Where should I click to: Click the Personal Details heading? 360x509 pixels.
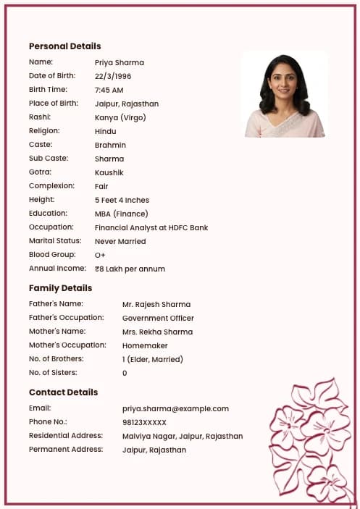[64, 46]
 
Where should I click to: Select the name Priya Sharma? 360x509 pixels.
[120, 62]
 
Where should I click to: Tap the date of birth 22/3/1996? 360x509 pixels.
[113, 76]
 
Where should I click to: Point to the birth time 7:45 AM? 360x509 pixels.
[109, 90]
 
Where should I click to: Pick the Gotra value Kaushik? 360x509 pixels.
[109, 172]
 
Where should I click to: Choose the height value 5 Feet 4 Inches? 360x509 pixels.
[122, 200]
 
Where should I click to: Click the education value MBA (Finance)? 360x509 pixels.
[121, 214]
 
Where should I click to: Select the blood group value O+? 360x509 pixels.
[100, 255]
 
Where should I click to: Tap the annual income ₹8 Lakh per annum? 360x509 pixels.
[130, 269]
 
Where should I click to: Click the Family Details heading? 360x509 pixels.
[60, 287]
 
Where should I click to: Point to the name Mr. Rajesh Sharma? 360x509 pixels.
[156, 304]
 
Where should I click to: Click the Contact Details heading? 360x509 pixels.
[63, 392]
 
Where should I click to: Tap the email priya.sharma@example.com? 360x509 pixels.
[175, 408]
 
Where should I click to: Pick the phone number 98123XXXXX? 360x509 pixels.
[144, 422]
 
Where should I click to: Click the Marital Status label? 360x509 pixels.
[55, 240]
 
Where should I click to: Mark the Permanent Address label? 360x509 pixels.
[65, 449]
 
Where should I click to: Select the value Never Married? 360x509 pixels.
[120, 241]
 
